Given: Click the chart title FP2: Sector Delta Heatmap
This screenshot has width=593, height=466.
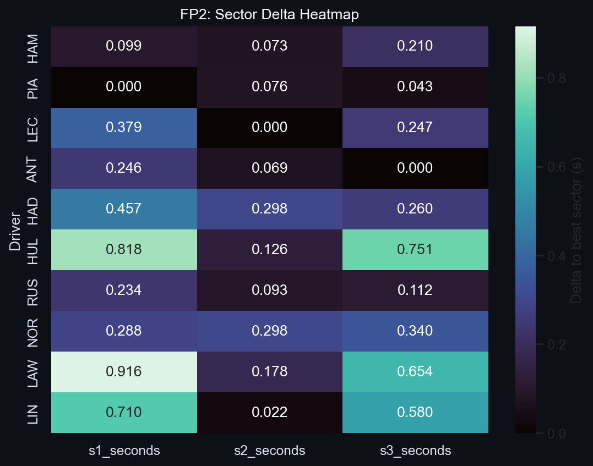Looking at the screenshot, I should coord(269,14).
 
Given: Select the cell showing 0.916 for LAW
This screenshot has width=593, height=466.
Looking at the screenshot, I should coord(124,372).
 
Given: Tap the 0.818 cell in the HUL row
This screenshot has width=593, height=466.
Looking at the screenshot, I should coord(124,250).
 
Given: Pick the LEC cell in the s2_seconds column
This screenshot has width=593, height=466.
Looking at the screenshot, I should coord(269,128).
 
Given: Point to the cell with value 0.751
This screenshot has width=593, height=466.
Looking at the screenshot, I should coord(415,250).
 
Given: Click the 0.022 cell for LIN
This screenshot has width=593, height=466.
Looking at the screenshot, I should coord(269,413).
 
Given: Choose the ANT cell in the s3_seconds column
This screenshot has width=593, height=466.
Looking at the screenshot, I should coord(415,168).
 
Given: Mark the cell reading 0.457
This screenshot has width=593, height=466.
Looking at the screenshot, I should coord(124,209).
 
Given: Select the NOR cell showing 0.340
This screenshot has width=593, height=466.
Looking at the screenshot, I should coord(415,331).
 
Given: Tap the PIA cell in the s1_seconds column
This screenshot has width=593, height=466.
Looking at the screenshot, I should coord(124,87).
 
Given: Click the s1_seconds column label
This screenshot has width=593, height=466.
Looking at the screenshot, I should coord(124,451).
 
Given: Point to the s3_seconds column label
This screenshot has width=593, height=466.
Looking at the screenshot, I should coord(415,451).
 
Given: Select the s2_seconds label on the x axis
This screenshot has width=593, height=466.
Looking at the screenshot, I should coord(269,451).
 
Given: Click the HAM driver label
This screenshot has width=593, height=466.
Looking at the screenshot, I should coord(33,46).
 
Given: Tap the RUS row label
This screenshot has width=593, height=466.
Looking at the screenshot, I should coord(33,290).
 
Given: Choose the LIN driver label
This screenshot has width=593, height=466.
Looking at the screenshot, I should coord(33,413).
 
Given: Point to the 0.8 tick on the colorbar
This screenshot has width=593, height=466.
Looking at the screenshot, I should coord(556,78).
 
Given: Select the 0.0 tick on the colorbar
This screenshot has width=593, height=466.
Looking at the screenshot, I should coord(556,434).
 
